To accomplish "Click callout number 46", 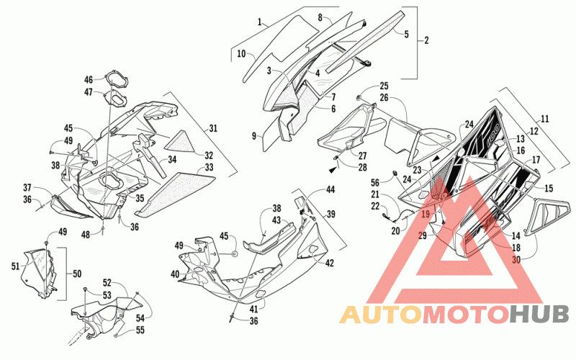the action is pos(89,79).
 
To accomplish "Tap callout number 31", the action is pos(213,128).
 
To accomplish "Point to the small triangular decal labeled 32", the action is pos(181,141).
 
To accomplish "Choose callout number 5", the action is pos(406,34).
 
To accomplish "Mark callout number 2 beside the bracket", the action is pos(426,40).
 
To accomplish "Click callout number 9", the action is pos(254,136).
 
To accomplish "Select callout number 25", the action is pos(384,86).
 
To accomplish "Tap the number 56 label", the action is pos(375,183).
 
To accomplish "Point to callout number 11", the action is pos(545,119).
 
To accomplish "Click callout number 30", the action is pos(516,260).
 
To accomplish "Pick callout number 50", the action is pos(77,274).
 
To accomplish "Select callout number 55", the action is pos(140,330).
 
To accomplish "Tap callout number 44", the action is pos(330,189).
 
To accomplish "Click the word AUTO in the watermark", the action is pos(381,315).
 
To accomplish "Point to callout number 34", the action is pos(172,159).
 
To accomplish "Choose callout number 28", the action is pos(363,168).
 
